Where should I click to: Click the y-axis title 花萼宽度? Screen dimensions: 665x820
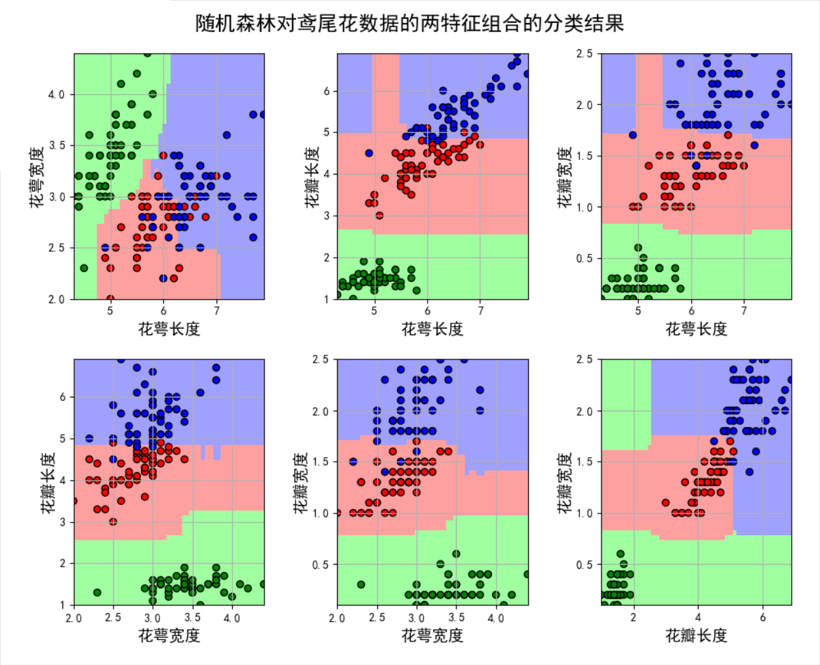point(37,177)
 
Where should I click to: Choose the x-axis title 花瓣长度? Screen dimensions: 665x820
point(696,635)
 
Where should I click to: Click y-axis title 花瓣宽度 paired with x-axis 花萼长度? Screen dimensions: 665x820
point(564,177)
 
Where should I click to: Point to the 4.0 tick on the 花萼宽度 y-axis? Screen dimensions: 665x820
point(56,94)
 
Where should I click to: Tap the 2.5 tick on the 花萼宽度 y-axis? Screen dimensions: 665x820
point(56,248)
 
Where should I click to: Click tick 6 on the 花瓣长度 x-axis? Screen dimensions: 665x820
point(762,617)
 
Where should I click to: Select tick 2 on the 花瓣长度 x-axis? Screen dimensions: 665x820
point(633,617)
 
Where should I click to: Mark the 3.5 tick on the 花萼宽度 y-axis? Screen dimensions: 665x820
point(56,146)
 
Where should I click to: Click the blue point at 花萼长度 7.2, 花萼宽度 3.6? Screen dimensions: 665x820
point(227,135)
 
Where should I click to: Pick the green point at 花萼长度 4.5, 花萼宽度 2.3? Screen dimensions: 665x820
point(84,268)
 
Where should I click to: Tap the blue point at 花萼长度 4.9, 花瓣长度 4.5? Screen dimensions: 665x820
point(369,153)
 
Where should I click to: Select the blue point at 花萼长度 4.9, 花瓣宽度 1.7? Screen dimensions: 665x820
point(632,135)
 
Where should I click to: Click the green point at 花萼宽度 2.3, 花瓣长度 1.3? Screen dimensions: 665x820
point(97,592)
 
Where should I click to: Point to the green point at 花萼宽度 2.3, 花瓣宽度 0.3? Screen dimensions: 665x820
point(361,584)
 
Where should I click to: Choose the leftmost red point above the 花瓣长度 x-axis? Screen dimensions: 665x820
point(666,503)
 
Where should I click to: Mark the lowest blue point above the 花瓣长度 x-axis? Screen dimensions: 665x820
point(749,472)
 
